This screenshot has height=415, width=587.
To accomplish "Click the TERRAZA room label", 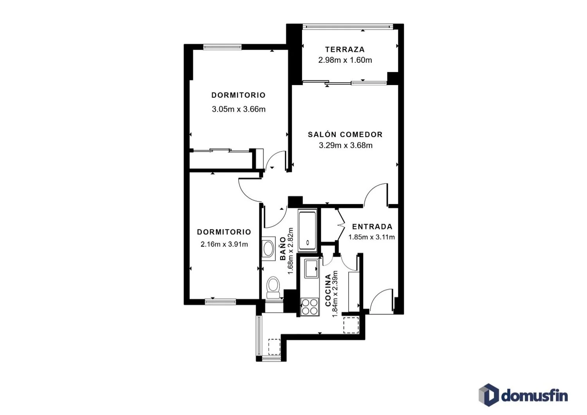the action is [345, 49].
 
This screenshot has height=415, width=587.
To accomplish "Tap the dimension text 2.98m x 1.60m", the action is [345, 60].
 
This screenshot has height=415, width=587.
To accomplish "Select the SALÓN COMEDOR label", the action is [345, 135].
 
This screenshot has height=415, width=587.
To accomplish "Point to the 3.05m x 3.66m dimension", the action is [238, 109].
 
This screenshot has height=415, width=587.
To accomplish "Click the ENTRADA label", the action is [372, 227].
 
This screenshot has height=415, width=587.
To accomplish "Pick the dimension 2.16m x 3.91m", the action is [224, 245].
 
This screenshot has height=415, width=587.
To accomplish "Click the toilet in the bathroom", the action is [273, 287].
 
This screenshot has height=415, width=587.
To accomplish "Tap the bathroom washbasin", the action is [268, 248].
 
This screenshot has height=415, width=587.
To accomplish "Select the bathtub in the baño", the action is [307, 231].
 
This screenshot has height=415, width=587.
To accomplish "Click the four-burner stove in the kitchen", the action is [310, 307].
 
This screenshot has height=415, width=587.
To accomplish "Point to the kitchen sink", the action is [311, 268].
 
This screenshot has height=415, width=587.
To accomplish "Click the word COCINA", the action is [328, 290].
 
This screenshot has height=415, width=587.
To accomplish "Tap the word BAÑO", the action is [283, 249].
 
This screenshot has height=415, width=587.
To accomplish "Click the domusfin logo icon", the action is [489, 395].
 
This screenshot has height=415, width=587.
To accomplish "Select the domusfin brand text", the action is [535, 395].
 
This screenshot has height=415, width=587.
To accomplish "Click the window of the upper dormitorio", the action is [223, 47].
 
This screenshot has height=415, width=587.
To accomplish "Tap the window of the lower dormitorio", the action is [220, 302].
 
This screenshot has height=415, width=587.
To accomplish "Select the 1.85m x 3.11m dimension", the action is [372, 237].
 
